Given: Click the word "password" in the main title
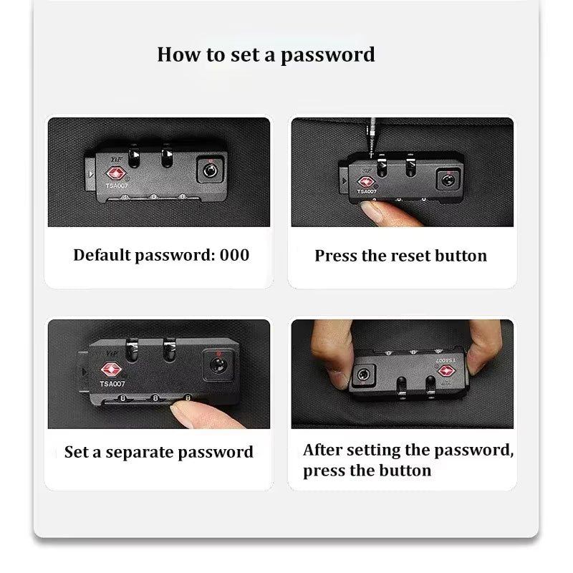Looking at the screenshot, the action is tap(328, 55).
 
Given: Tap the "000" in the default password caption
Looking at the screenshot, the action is tap(234, 255).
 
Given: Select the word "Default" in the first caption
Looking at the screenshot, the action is tap(102, 255).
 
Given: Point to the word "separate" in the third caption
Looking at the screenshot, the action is tap(139, 453).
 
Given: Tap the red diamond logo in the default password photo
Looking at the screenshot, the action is tap(116, 173).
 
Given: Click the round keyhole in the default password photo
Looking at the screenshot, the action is tap(210, 170).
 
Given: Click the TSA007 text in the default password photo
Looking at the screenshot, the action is tap(117, 186).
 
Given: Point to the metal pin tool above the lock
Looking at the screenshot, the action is tap(372, 138).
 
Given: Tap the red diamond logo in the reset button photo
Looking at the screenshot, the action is tap(366, 182).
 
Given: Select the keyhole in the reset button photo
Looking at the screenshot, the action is tap(448, 180).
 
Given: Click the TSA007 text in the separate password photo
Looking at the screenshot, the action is tap(112, 384).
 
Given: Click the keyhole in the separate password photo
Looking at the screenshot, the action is tap(218, 365).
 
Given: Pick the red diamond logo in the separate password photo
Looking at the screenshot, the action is tap(111, 370).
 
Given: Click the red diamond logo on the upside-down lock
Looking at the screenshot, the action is tap(446, 371).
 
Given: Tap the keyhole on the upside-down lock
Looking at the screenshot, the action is tap(363, 375).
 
